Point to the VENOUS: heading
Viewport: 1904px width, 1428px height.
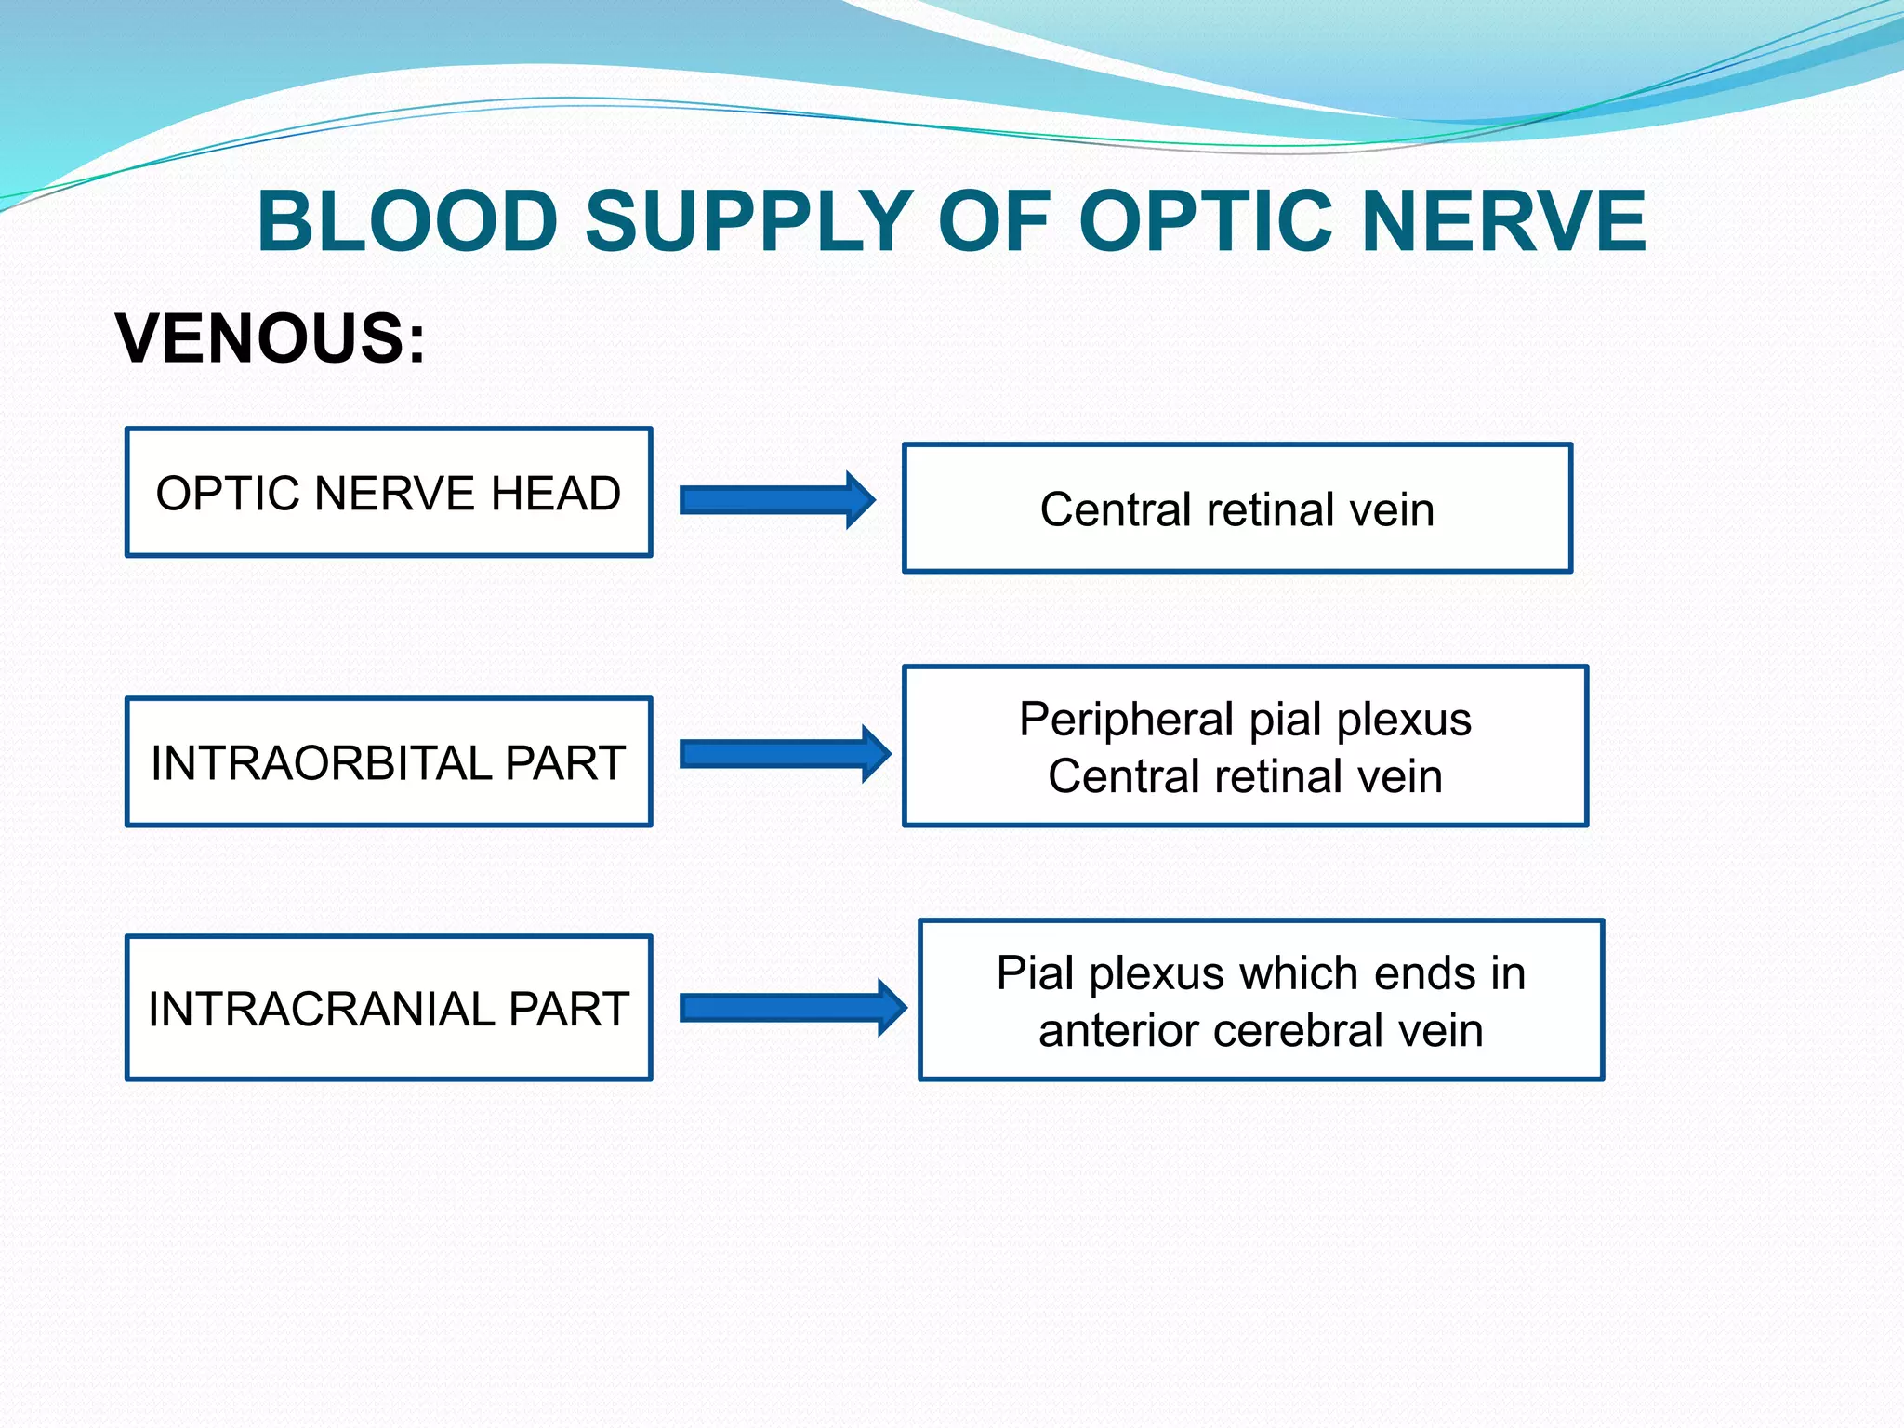pos(271,338)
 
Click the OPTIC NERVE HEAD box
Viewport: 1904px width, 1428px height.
pos(389,493)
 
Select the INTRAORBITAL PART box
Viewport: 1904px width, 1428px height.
pos(389,762)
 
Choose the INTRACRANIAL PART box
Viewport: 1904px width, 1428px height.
pos(389,1008)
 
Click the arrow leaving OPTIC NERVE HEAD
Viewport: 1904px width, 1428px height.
pos(776,500)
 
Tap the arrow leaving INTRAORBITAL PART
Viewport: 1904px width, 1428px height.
pos(784,754)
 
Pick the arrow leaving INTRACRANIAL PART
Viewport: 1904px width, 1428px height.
pos(792,1008)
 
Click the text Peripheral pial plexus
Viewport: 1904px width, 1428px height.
pos(1245,720)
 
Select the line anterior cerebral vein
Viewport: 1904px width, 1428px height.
pos(1261,1031)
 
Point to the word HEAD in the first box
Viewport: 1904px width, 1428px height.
pos(555,493)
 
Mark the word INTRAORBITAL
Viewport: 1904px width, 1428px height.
pos(321,763)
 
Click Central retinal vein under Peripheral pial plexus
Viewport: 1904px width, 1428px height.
pos(1245,776)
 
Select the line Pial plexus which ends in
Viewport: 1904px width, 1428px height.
pos(1261,973)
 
